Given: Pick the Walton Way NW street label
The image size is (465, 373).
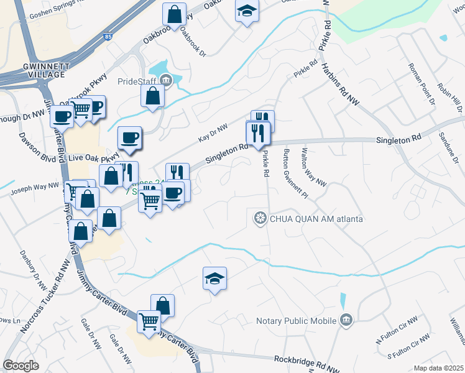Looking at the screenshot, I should click(313, 167).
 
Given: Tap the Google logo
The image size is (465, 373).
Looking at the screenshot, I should click(21, 366).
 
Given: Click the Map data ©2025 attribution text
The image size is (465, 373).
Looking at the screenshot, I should click(438, 368).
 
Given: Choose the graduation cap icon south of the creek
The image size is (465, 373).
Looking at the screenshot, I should click(214, 278).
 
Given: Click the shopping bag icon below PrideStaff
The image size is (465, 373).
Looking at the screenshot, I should click(152, 96).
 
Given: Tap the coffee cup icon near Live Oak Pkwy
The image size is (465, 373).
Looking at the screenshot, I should click(129, 137).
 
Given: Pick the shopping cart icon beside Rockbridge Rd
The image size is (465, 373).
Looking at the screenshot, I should click(149, 321).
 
